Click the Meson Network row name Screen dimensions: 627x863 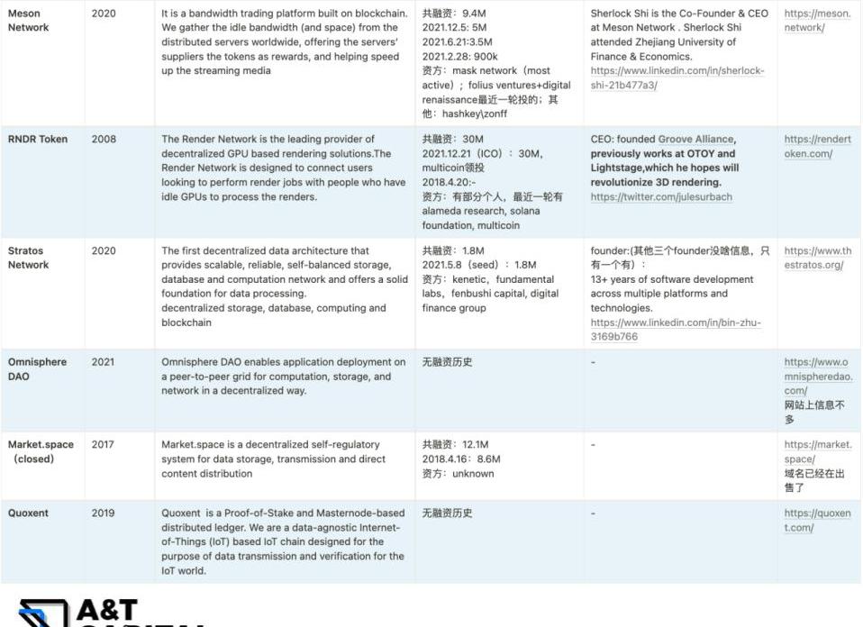28,21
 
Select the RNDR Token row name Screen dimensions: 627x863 38,140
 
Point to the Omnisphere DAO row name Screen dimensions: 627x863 37,369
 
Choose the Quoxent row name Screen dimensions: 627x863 28,513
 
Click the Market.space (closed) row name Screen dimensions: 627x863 41,452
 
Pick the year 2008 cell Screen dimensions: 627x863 104,140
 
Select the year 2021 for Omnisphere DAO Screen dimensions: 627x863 104,362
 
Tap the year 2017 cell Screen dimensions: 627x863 104,445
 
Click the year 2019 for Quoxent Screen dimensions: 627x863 104,513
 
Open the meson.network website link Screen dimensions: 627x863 817,21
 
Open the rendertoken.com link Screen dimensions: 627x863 817,147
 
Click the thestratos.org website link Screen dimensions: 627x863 817,258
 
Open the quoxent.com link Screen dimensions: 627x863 817,521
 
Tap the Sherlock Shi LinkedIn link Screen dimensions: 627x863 677,78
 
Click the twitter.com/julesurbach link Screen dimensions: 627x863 661,197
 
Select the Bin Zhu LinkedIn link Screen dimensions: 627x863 676,330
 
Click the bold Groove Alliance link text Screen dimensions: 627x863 696,140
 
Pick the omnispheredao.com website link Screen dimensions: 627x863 817,377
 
